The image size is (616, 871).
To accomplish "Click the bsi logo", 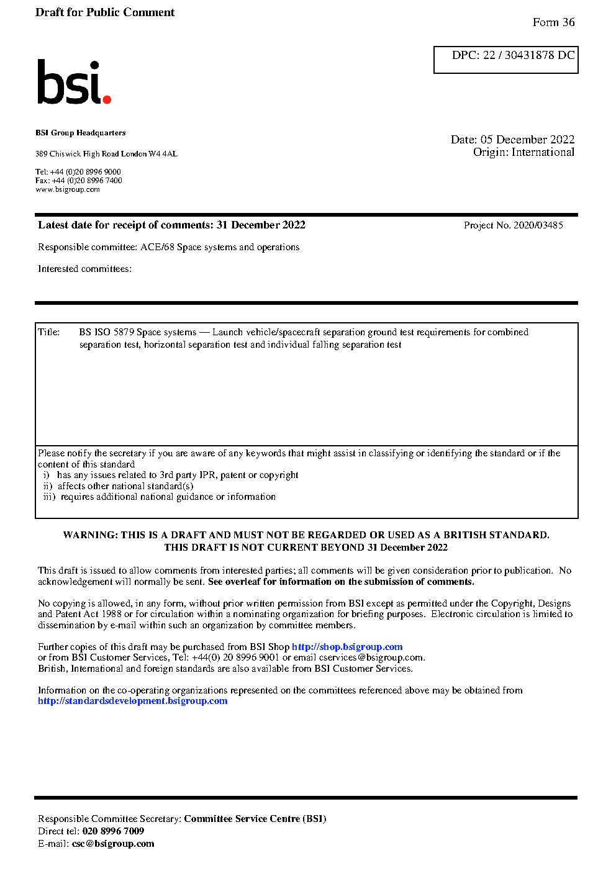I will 73,82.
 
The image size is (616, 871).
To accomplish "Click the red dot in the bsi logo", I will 107,99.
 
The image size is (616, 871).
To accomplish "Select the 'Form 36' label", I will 553,22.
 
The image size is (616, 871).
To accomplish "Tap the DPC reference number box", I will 505,60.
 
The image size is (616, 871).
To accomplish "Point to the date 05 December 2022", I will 527,140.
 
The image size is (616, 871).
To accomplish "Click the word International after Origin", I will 543,152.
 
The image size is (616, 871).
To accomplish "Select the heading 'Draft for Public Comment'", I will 105,12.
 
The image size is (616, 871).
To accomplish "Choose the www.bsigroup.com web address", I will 68,189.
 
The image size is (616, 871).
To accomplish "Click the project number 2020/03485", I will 538,225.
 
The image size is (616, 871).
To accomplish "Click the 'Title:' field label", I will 49,332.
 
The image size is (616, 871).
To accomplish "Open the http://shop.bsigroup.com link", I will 347,647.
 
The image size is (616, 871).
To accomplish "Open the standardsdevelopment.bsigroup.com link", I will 132,701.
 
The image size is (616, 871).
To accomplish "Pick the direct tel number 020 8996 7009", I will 113,831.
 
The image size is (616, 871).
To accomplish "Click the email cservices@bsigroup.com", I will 371,657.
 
